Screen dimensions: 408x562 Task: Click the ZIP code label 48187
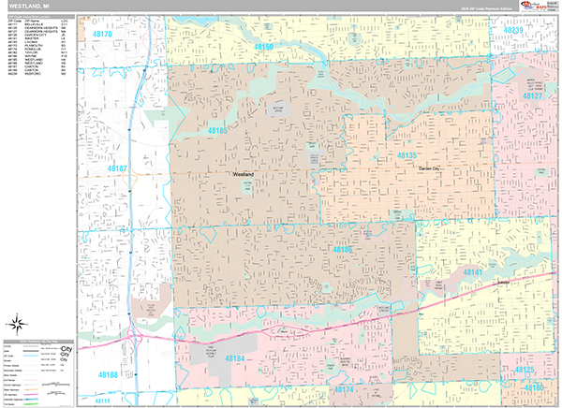point(117,168)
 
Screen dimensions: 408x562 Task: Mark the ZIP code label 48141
point(471,272)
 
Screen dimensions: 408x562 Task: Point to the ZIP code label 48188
point(108,375)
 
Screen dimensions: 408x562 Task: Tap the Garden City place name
point(430,168)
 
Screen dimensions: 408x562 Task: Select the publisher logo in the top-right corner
point(538,8)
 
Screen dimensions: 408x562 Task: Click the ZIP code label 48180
point(534,386)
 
